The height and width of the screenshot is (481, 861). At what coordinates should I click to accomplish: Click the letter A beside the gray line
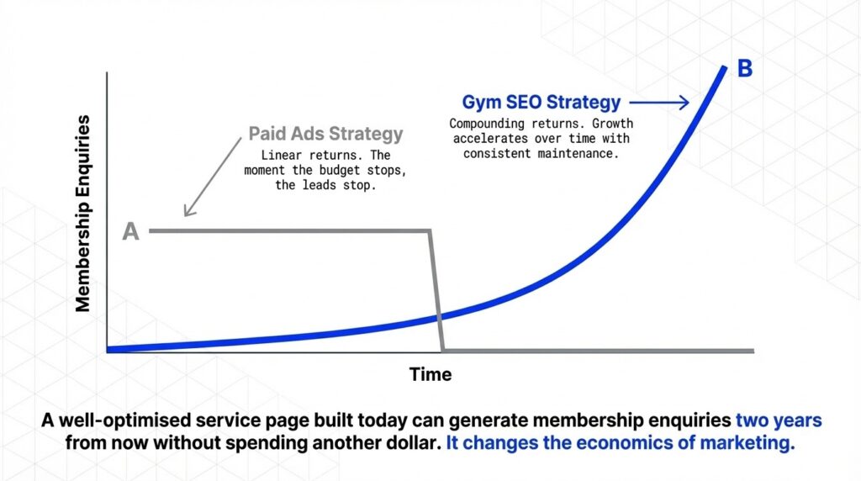click(130, 231)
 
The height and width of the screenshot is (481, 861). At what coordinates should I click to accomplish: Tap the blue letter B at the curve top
click(745, 69)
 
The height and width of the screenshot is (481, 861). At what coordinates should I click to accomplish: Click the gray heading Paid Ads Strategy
click(325, 134)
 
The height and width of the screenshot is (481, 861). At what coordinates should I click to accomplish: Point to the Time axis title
click(430, 374)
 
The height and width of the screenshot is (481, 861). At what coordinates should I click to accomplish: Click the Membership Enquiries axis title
click(83, 214)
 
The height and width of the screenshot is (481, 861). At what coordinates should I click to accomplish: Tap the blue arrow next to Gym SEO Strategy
click(660, 103)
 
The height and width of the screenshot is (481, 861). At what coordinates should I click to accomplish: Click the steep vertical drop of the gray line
click(437, 290)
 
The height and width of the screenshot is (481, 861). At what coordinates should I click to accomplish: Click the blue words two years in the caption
click(779, 420)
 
